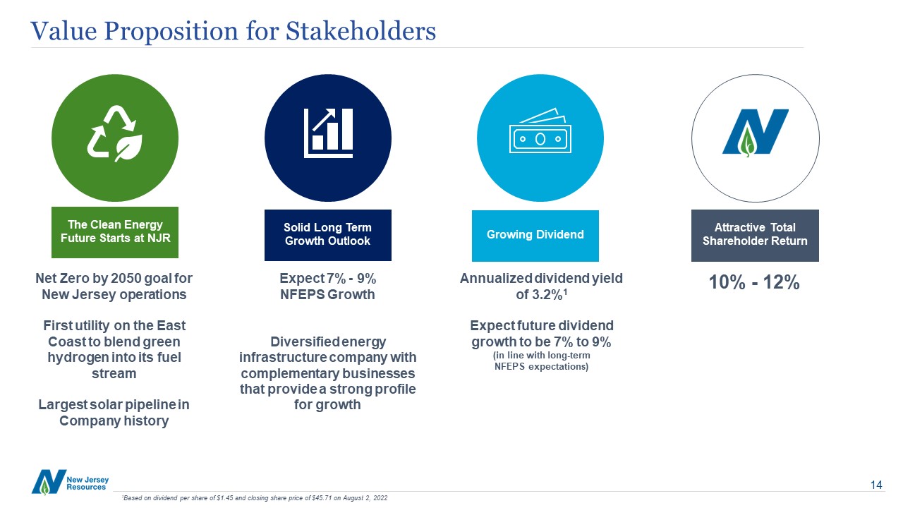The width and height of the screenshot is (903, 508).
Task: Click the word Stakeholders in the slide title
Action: click(x=360, y=30)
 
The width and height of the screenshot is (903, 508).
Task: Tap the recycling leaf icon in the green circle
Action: click(x=115, y=134)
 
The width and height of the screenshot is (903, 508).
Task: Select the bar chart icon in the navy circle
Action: click(x=328, y=133)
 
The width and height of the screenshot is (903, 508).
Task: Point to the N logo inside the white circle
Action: click(x=755, y=132)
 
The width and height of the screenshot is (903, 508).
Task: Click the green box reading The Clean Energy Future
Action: click(x=115, y=232)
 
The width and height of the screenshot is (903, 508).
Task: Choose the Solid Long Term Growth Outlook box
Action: click(x=328, y=235)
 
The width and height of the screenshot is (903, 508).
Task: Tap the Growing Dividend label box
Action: click(x=535, y=236)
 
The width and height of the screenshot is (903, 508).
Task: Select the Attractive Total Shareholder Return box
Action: click(x=755, y=236)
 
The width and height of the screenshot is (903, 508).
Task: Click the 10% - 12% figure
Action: click(x=754, y=282)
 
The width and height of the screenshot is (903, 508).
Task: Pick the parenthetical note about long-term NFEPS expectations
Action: click(x=541, y=361)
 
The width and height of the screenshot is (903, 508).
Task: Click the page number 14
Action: click(x=876, y=485)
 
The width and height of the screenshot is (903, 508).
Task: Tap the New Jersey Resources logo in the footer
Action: click(x=70, y=482)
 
